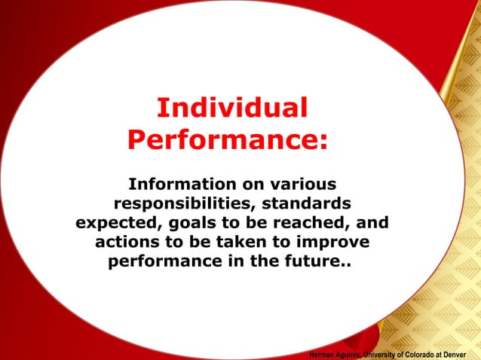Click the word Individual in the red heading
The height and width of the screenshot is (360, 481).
click(x=232, y=108)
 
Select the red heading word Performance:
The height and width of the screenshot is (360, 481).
click(x=228, y=139)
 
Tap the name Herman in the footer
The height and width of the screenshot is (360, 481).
click(x=323, y=354)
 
